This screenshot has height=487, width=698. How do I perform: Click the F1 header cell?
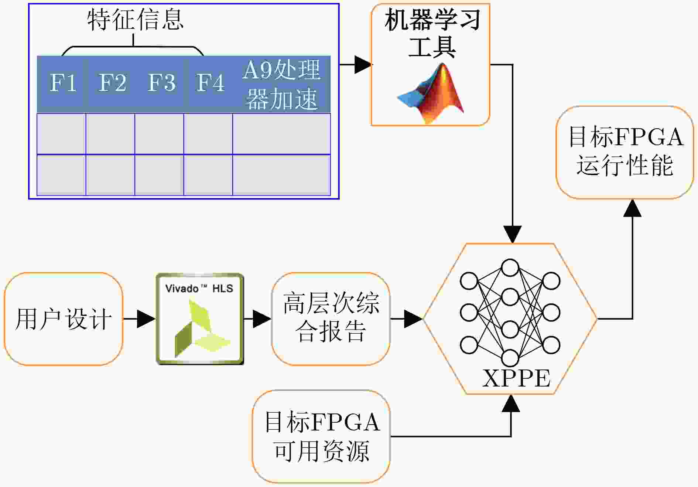(x=61, y=84)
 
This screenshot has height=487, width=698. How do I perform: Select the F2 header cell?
(x=110, y=84)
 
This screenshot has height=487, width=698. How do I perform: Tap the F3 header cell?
(x=160, y=84)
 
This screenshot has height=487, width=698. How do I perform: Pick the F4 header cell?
(x=208, y=84)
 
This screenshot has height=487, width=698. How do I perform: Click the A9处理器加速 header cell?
(x=281, y=84)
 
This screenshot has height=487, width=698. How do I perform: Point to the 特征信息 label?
(x=136, y=20)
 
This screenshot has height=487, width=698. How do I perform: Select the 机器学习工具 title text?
(x=432, y=33)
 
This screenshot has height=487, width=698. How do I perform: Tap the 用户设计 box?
(x=64, y=319)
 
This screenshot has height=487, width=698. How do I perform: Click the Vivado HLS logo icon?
(x=200, y=319)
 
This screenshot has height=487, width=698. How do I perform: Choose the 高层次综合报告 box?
(x=331, y=319)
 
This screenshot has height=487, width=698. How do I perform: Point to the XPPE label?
(x=516, y=378)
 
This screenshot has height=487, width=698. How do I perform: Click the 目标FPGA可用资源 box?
(x=321, y=436)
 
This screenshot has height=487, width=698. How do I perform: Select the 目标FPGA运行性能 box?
(x=625, y=152)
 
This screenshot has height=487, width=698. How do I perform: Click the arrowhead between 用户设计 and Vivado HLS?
(x=146, y=319)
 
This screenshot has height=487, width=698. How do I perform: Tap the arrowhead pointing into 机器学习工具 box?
(x=363, y=65)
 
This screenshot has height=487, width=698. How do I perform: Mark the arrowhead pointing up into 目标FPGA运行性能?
(x=633, y=208)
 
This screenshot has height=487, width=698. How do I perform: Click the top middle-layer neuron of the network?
(x=510, y=268)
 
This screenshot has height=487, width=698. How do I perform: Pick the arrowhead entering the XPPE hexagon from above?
(x=513, y=235)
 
